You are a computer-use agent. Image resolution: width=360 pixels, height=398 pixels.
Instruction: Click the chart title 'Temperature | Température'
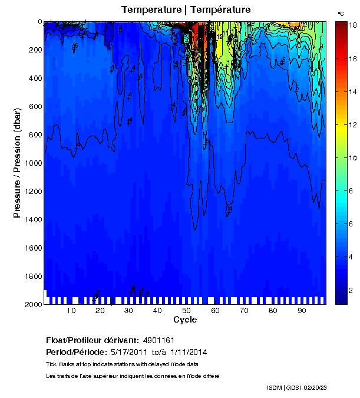pos(186,10)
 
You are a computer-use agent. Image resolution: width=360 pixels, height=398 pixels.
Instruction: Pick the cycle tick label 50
pos(186,311)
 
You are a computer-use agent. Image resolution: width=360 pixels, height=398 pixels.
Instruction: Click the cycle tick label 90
pos(301,311)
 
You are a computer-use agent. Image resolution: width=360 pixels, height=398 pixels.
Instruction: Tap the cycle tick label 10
pos(71,311)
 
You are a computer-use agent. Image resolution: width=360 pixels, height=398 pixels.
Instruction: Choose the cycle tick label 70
pos(244,311)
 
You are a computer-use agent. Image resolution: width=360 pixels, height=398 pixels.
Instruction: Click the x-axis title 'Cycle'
pos(185,320)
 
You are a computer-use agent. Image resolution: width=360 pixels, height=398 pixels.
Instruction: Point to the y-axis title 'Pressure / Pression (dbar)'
pos(18,163)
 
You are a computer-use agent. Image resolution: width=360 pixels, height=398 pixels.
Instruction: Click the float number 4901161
pos(158,340)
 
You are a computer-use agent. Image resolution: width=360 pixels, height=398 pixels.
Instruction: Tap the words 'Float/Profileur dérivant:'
pos(91,340)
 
